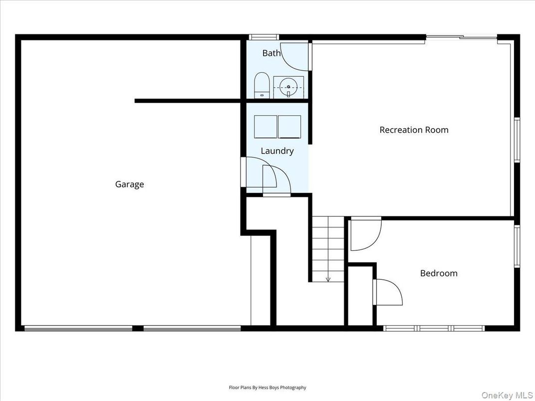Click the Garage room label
pos(129,184)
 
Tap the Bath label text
pos(271,53)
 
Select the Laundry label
pos(277,151)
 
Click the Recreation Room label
pos(414,130)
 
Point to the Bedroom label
pos(438,273)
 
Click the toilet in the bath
pos(262,85)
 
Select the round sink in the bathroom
pos(288,87)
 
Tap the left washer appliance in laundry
pos(266,126)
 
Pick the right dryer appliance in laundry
pos(289,126)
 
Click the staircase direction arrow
pos(328,278)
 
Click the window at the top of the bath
pos(264,37)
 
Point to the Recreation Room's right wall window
pos(517,140)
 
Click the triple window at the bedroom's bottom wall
pos(434,328)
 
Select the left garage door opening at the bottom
pos(78,328)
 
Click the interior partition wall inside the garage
pos(189,101)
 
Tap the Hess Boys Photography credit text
pos(267,387)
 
